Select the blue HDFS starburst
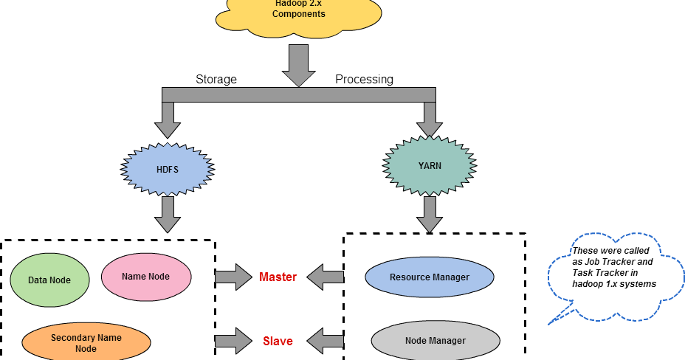pyautogui.click(x=167, y=169)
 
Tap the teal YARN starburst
pyautogui.click(x=430, y=165)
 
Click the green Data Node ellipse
pyautogui.click(x=49, y=280)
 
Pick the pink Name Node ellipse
pyautogui.click(x=145, y=277)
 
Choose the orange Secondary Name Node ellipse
pyautogui.click(x=86, y=343)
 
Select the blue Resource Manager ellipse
pyautogui.click(x=429, y=277)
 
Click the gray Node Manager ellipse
pyautogui.click(x=435, y=340)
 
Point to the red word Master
pyautogui.click(x=278, y=277)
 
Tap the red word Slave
pyautogui.click(x=278, y=341)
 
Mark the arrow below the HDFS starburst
pyautogui.click(x=168, y=214)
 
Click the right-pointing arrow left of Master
pyautogui.click(x=233, y=277)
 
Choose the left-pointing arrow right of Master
pyautogui.click(x=326, y=277)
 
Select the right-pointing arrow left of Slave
pyautogui.click(x=233, y=341)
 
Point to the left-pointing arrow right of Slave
pyautogui.click(x=326, y=341)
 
